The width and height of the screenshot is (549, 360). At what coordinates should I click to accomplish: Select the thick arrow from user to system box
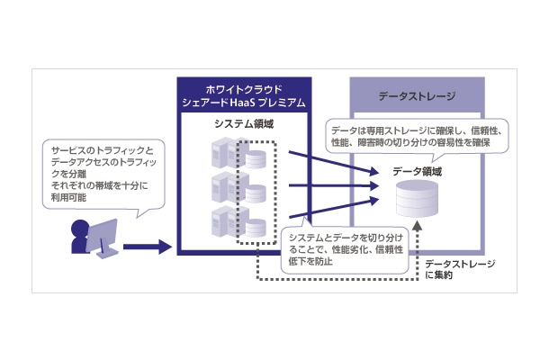click(147, 245)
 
